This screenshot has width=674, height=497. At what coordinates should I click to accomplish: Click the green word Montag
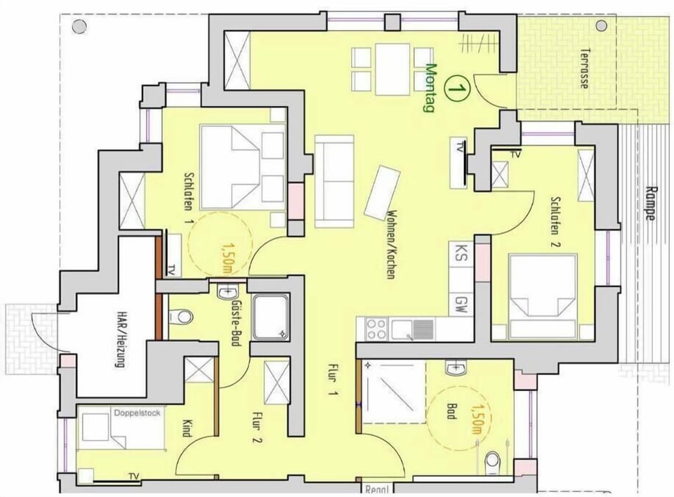[431, 88]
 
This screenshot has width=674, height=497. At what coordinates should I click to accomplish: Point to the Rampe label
[650, 202]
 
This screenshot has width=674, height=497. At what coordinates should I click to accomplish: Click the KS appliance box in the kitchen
[461, 251]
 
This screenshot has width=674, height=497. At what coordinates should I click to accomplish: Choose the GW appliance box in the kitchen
[461, 304]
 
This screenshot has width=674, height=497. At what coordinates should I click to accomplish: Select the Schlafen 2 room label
[555, 221]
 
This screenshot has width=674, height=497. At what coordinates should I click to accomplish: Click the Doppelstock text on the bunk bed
[137, 413]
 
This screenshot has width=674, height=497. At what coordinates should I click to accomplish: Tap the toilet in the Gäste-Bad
[184, 317]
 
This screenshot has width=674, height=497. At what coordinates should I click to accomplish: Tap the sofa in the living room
[334, 180]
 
